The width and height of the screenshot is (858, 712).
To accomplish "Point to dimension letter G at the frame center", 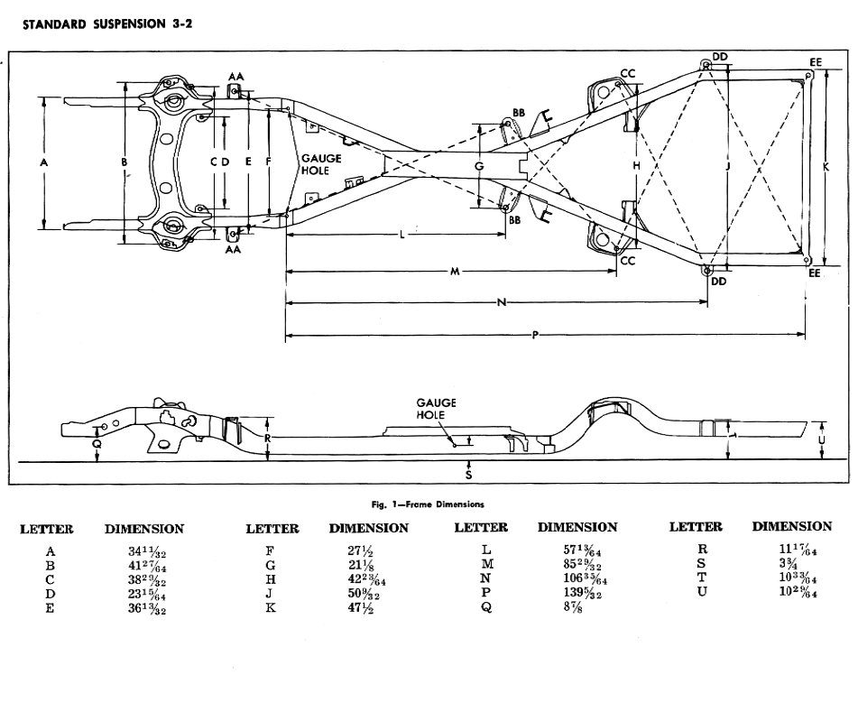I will coord(480,167).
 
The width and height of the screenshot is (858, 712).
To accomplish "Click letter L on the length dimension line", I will coord(401,235).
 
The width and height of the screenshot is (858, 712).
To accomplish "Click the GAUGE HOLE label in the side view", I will coord(437,408).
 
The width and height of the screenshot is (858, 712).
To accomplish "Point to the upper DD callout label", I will coord(719,57).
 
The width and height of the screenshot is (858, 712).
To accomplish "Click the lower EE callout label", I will coord(815,273).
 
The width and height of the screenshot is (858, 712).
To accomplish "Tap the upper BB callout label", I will coord(519,113).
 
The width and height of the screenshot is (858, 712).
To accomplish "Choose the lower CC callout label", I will coord(628,261).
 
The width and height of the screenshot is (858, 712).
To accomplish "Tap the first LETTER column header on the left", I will coord(47,529).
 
